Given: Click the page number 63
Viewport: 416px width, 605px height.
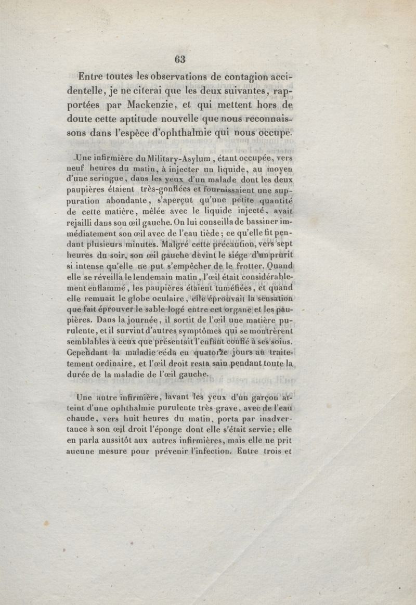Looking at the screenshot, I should coord(180,59).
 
